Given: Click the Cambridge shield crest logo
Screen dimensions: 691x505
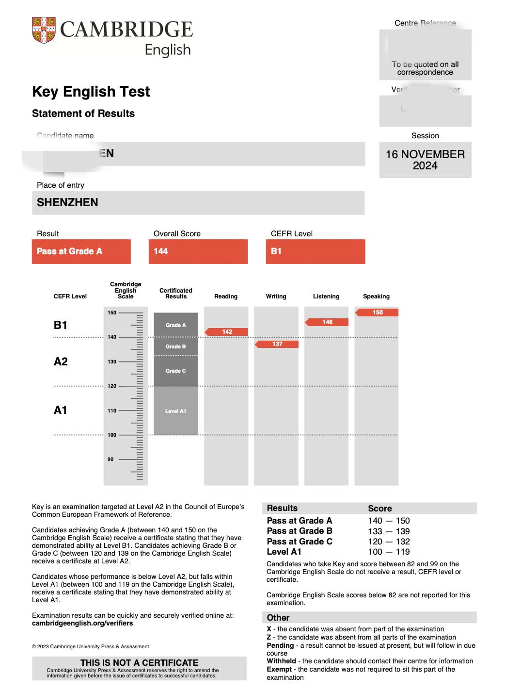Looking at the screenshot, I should (x=44, y=30).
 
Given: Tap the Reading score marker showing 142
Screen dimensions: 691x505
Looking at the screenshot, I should (x=227, y=332).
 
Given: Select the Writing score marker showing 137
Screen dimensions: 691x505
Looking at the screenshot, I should (x=277, y=344).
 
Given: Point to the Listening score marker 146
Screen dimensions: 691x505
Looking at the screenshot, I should (x=327, y=322).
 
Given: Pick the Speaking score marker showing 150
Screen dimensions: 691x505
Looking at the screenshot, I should (x=377, y=313).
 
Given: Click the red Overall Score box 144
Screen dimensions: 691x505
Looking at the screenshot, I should (x=198, y=251).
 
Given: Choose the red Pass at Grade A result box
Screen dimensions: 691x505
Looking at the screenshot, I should (x=81, y=251).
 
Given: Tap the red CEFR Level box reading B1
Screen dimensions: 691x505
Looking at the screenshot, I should (x=315, y=251).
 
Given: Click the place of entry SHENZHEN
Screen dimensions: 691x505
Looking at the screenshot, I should (x=67, y=202).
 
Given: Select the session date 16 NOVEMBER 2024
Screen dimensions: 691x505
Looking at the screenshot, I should (x=425, y=160).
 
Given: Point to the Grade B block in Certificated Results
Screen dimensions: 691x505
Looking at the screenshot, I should (x=175, y=346).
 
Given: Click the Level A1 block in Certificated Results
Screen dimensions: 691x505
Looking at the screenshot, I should (x=175, y=411).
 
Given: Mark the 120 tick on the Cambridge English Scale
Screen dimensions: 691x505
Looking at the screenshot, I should (x=112, y=386).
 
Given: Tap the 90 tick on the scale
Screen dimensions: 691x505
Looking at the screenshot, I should (x=110, y=459).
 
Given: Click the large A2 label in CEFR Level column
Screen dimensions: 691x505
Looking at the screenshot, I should (x=61, y=362).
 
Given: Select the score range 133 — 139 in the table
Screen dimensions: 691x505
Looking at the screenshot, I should (x=389, y=531).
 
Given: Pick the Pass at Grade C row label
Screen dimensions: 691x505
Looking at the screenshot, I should (x=300, y=542).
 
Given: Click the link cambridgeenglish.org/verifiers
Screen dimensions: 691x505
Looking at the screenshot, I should (x=82, y=623).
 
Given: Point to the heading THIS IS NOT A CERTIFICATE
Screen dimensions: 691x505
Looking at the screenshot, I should (x=139, y=662).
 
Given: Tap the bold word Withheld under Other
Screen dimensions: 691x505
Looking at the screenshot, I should (x=281, y=661).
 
